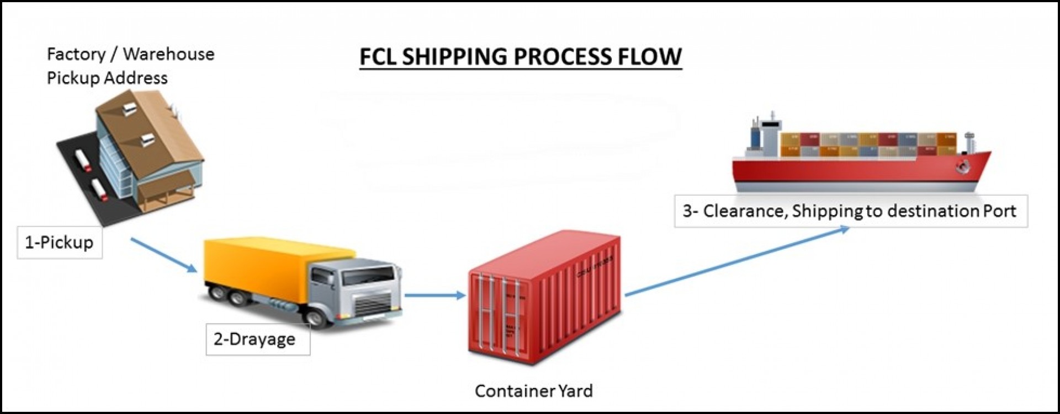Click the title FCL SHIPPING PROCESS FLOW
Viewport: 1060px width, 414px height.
pos(521,56)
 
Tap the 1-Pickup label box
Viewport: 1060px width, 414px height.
pos(60,242)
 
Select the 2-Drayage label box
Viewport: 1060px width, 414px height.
pos(258,339)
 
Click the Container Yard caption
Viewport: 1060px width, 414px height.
pos(533,391)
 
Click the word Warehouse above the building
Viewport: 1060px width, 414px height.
pos(168,54)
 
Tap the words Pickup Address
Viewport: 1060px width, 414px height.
pos(107,78)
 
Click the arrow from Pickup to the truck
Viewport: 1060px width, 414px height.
pos(164,255)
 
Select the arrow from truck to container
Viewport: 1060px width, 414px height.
pos(435,295)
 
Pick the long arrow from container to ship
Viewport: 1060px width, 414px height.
pos(737,261)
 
